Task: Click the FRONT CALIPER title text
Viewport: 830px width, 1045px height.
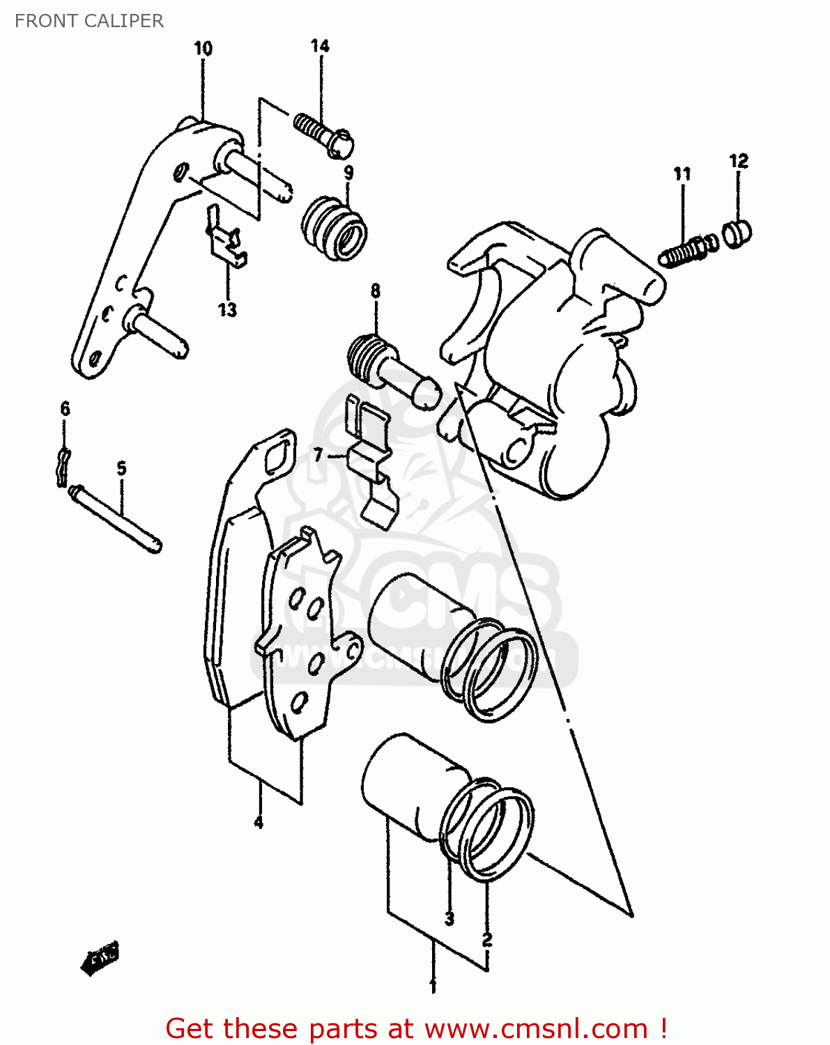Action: coord(89,21)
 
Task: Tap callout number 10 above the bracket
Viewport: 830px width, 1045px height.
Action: coord(203,49)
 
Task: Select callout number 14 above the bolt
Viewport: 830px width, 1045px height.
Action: coord(320,46)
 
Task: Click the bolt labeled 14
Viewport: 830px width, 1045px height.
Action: coord(323,134)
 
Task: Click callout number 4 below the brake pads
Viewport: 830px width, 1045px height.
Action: coord(259,822)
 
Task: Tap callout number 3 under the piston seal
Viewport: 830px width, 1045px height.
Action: coord(449,919)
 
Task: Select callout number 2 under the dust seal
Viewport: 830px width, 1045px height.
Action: coord(487,939)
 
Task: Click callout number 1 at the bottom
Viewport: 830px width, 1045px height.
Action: coord(433,986)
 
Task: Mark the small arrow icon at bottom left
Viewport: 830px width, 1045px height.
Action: coord(100,959)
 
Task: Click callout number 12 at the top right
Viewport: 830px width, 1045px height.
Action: coord(739,161)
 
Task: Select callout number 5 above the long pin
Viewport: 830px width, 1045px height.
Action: coord(122,468)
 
